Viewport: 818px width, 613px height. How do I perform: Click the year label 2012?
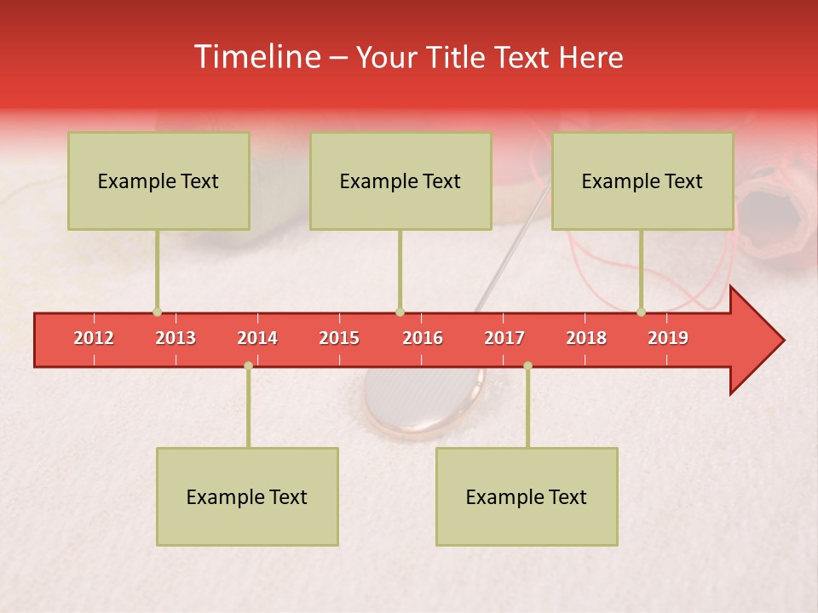(x=94, y=338)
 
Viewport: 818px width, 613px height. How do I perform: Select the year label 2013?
(x=176, y=338)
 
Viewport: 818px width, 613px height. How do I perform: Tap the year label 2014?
(x=257, y=338)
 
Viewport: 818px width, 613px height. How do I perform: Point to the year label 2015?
(x=339, y=338)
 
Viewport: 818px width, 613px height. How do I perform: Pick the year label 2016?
(x=423, y=338)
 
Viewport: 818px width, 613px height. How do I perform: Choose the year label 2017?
(x=504, y=338)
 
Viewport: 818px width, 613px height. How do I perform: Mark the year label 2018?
(x=586, y=338)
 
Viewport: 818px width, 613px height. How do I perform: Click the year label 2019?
(x=668, y=338)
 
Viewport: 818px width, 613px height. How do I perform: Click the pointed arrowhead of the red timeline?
(x=767, y=341)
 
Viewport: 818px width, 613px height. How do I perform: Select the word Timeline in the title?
(x=256, y=57)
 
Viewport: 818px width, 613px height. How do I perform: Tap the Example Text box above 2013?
(x=158, y=181)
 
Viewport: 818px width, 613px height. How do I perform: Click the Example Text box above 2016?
(x=400, y=181)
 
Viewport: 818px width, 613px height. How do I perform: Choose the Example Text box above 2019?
(x=642, y=181)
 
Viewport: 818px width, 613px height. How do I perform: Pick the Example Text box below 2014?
(x=247, y=497)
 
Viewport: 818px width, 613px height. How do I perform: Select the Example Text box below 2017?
(x=527, y=497)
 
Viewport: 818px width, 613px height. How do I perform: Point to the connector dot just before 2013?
(x=157, y=312)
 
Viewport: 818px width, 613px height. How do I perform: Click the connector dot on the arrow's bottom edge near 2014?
(x=248, y=365)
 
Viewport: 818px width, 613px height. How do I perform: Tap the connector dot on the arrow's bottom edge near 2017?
(x=527, y=365)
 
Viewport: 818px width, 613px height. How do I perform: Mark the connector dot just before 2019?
(x=641, y=312)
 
